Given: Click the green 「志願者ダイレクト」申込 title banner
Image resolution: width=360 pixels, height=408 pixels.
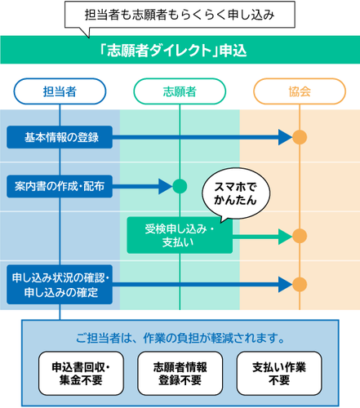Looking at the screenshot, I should click(180, 50).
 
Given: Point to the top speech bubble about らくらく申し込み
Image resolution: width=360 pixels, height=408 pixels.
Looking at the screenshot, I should click(180, 16).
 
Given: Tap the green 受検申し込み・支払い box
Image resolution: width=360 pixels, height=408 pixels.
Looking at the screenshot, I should click(179, 236).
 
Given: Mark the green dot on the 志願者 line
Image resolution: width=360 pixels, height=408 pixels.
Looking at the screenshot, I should click(180, 186).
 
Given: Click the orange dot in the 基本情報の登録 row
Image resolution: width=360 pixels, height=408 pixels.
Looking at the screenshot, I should click(300, 137).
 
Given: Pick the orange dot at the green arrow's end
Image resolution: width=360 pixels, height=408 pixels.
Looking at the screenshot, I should click(300, 236).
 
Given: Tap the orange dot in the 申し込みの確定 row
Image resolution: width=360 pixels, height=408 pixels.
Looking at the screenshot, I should click(300, 284).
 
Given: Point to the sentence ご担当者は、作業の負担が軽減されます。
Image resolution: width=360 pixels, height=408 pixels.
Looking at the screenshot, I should click(180, 337).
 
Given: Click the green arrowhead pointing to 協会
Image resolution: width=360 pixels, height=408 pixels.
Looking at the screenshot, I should click(285, 236).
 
